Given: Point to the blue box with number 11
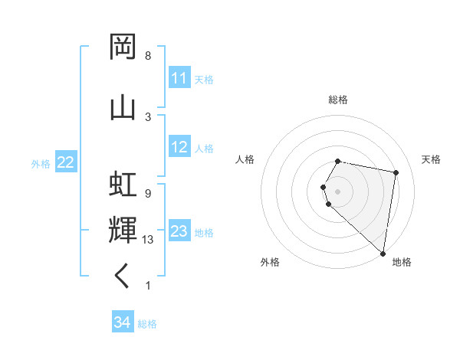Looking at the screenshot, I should [179, 78].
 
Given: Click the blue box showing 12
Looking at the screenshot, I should [179, 147].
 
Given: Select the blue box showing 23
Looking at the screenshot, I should [179, 231].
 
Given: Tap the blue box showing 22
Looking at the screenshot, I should [66, 162].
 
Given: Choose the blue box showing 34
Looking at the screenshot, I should [123, 323].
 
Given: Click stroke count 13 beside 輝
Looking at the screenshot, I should [148, 240].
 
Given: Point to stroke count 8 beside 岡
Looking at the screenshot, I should [148, 56].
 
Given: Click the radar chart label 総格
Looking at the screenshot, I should [338, 100].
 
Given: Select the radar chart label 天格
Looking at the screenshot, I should [431, 159].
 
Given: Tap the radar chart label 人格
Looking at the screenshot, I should [245, 159].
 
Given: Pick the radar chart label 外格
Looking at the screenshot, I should [270, 262].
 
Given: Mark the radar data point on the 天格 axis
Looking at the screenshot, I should [396, 173].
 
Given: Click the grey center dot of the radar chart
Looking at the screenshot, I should [338, 191].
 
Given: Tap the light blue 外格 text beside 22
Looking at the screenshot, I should [41, 163].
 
